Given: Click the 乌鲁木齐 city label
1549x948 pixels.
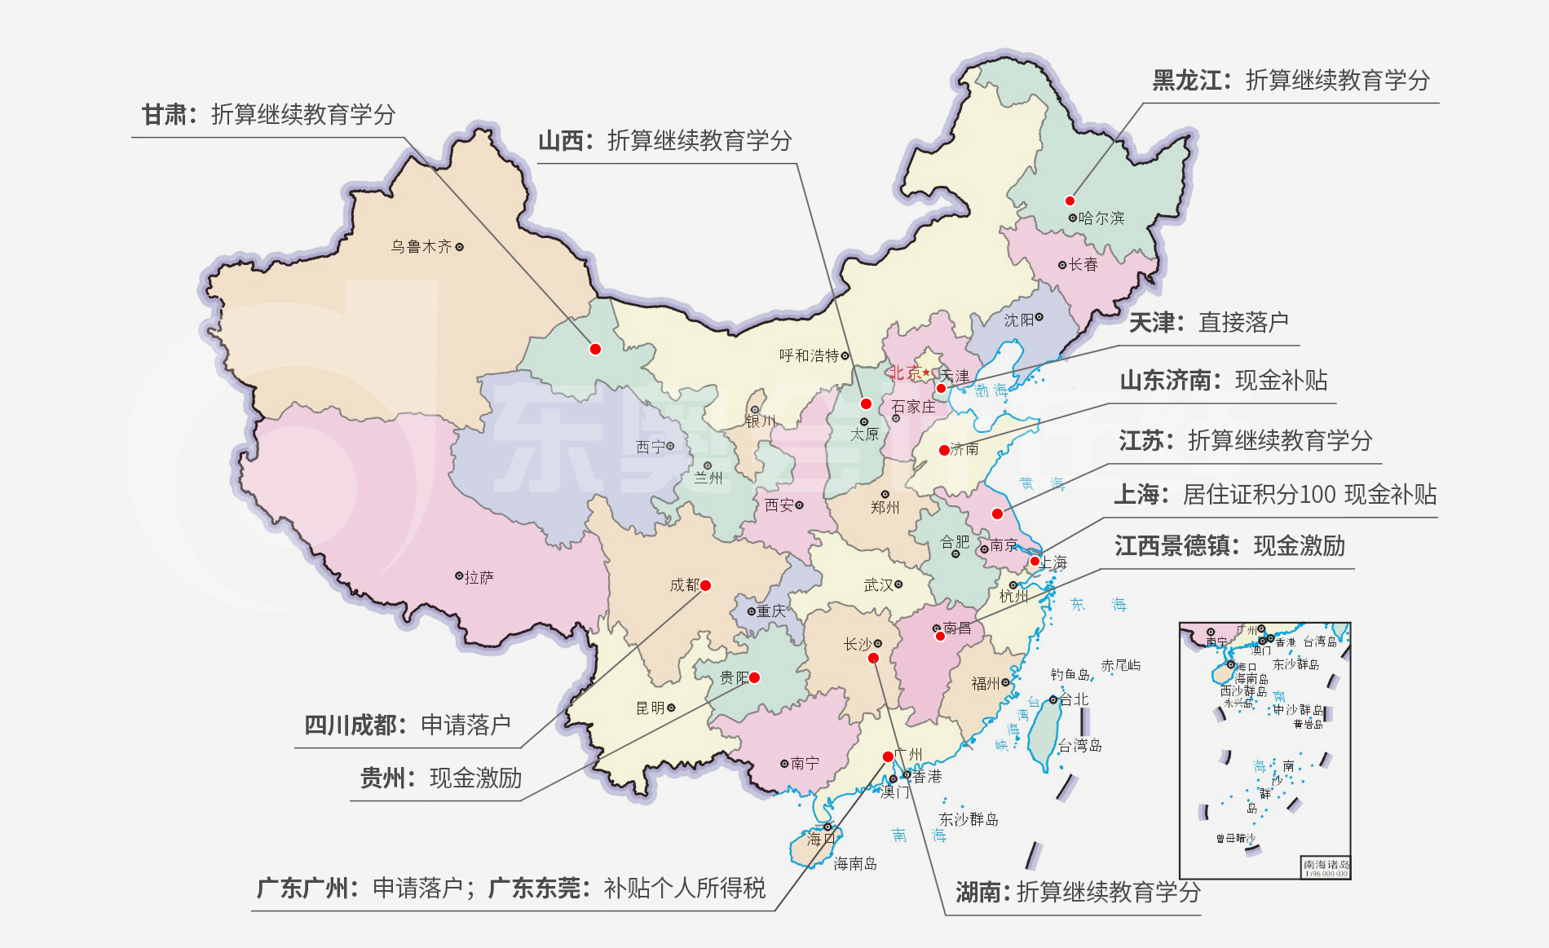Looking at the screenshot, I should [x=421, y=246].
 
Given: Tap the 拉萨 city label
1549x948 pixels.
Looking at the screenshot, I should [x=479, y=577].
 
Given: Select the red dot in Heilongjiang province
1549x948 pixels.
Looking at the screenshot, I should [x=1070, y=201].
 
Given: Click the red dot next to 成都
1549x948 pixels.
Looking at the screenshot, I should [x=706, y=585].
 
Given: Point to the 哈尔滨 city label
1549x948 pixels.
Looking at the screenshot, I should [x=1101, y=218].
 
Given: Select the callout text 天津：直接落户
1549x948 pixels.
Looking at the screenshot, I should [x=1208, y=323].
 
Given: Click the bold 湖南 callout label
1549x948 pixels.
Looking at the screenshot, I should [x=978, y=893].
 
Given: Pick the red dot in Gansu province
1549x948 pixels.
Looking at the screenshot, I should [x=595, y=349].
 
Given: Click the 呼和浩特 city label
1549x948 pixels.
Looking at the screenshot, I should [x=809, y=355].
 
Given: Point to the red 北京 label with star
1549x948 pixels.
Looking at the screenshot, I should [x=908, y=373].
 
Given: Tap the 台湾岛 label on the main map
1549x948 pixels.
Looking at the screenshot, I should [x=1079, y=745].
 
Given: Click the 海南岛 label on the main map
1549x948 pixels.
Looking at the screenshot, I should [x=854, y=863].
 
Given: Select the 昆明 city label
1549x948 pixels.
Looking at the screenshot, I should [x=651, y=708].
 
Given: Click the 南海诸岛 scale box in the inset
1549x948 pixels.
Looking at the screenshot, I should [x=1326, y=867].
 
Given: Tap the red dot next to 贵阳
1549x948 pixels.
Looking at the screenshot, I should [x=755, y=677].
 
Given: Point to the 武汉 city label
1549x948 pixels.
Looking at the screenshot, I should [x=878, y=584].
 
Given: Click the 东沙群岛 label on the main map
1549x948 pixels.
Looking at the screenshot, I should [x=968, y=819].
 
